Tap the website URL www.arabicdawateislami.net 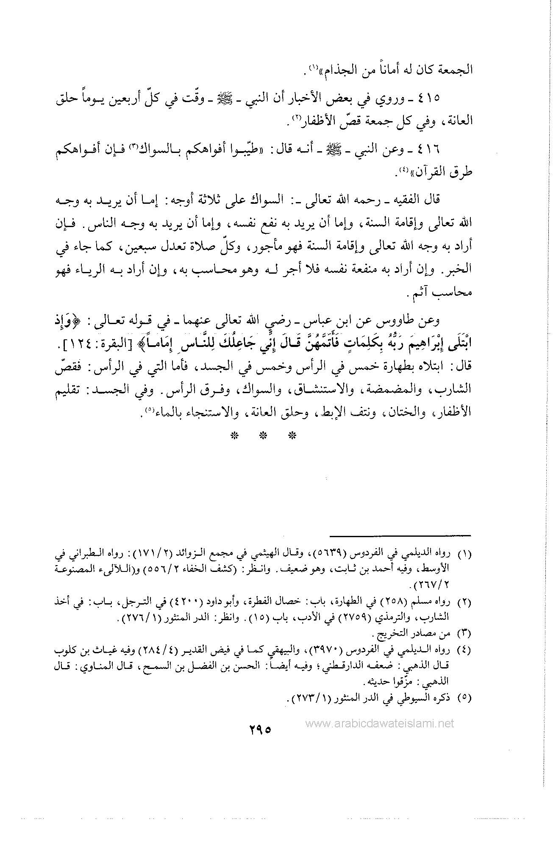(x=379, y=723)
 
